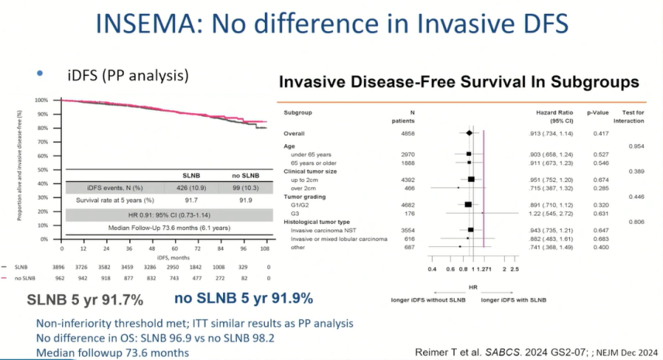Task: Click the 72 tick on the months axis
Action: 198,249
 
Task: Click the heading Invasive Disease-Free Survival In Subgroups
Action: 458,81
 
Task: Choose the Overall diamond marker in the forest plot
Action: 469,133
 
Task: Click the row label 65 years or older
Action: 320,163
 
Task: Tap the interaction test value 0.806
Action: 634,221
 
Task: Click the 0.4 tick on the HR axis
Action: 432,269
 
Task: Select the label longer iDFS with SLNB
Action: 514,300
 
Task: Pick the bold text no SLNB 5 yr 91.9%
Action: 242,299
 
